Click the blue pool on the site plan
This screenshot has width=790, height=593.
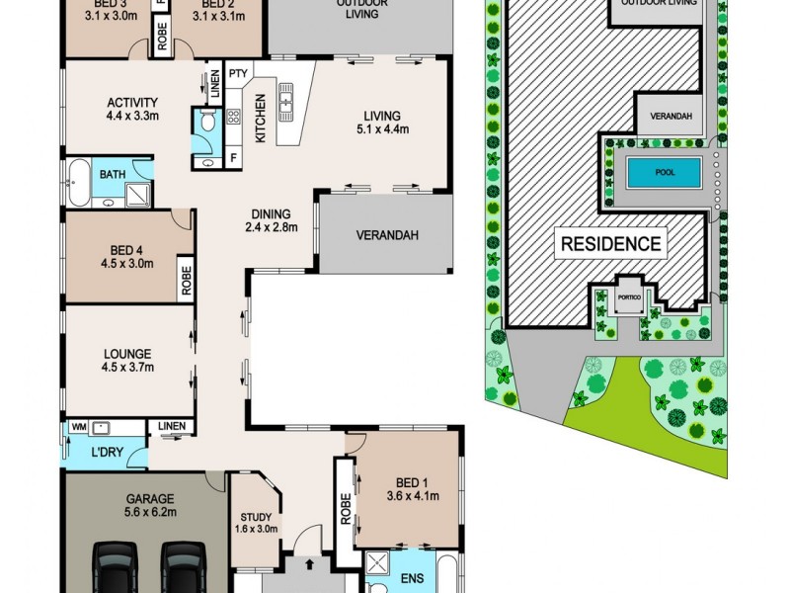[x=663, y=175]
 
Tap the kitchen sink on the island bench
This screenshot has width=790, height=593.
[x=287, y=99]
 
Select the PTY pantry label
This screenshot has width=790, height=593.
[x=238, y=74]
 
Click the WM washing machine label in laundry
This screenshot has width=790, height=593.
[x=78, y=427]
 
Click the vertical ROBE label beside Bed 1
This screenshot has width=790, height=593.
[x=345, y=509]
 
